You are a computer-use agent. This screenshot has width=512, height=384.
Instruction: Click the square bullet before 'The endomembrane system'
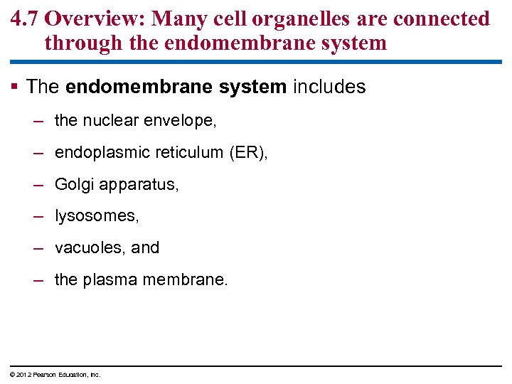[x=16, y=87]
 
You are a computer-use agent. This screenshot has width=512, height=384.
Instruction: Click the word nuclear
[x=111, y=121]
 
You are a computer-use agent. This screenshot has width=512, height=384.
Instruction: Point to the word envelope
[x=181, y=122]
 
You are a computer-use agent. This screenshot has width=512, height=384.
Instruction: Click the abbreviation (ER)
[x=249, y=153]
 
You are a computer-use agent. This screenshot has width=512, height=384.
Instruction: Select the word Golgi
[x=72, y=185]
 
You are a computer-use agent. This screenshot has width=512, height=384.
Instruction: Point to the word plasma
[x=110, y=280]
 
